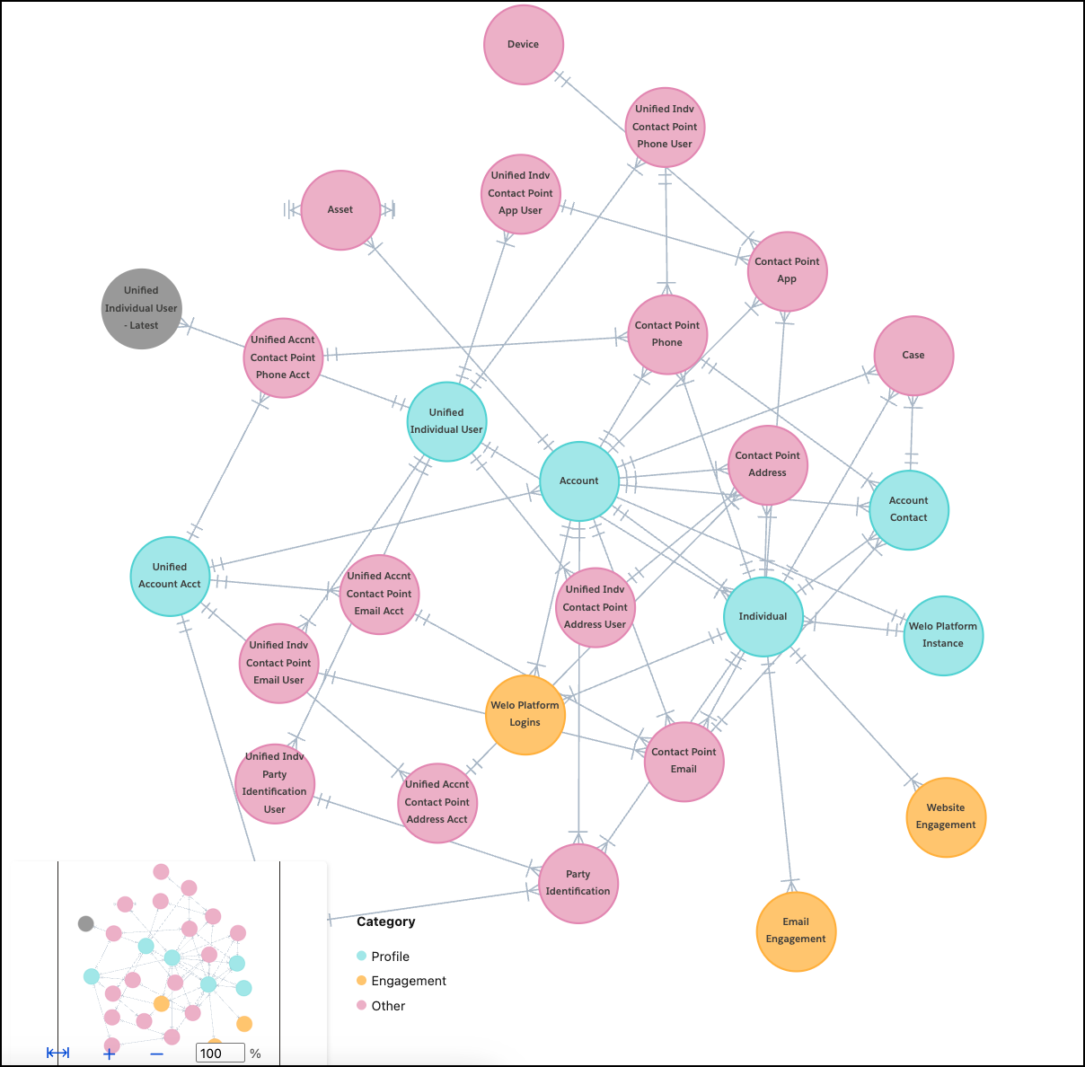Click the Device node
(524, 45)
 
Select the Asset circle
(340, 210)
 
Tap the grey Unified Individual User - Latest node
(141, 308)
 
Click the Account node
(579, 481)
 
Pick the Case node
(913, 356)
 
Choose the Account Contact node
(909, 510)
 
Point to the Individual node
(763, 617)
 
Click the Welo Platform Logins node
(525, 714)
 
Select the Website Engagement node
(946, 817)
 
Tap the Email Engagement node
(796, 931)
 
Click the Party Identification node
(578, 884)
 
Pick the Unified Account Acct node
(170, 577)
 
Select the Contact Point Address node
(768, 465)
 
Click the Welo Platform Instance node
(943, 636)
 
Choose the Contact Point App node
(787, 271)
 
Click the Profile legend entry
(390, 957)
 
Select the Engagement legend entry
(408, 981)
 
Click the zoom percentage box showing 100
(219, 1054)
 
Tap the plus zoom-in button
(110, 1054)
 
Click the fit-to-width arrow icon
(58, 1053)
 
